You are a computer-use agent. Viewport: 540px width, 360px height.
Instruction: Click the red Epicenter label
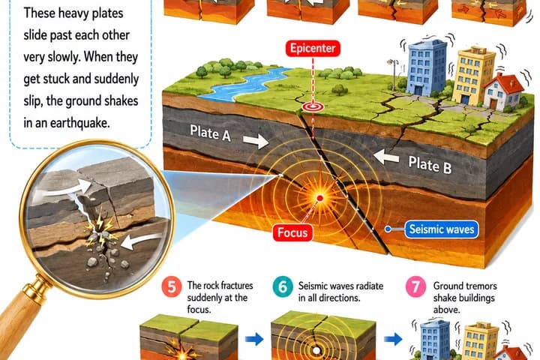(x=313, y=48)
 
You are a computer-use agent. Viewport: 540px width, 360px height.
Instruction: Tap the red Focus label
(x=292, y=232)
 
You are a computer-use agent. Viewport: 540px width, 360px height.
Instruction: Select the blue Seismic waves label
(x=442, y=229)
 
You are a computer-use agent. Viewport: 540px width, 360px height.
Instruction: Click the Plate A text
(x=211, y=133)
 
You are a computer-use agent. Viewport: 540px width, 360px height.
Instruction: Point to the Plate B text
(x=430, y=165)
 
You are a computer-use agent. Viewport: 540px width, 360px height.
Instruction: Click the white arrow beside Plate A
(x=256, y=140)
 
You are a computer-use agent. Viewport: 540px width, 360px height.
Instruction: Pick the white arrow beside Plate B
(x=386, y=157)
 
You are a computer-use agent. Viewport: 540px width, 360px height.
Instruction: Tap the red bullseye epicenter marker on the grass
(x=313, y=106)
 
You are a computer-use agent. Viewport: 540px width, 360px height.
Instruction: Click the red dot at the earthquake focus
(x=320, y=198)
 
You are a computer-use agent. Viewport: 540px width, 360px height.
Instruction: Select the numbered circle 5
(x=172, y=287)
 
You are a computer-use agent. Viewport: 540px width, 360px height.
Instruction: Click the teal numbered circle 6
(x=283, y=287)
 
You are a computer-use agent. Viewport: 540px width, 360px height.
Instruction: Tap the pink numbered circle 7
(x=415, y=287)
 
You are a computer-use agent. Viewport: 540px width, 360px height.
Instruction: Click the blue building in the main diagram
(x=427, y=67)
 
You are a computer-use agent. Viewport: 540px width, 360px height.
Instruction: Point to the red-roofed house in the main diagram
(x=503, y=91)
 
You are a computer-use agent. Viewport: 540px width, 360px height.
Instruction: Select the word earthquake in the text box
(x=80, y=123)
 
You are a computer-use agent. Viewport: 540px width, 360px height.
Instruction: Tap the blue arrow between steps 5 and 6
(x=254, y=339)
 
